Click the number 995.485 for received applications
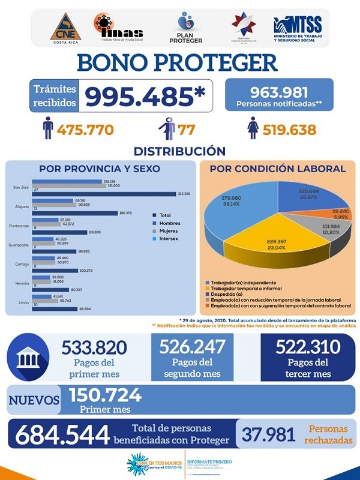coord(145,95)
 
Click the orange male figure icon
coord(47,129)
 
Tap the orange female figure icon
coord(253,129)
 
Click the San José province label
coord(22,187)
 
